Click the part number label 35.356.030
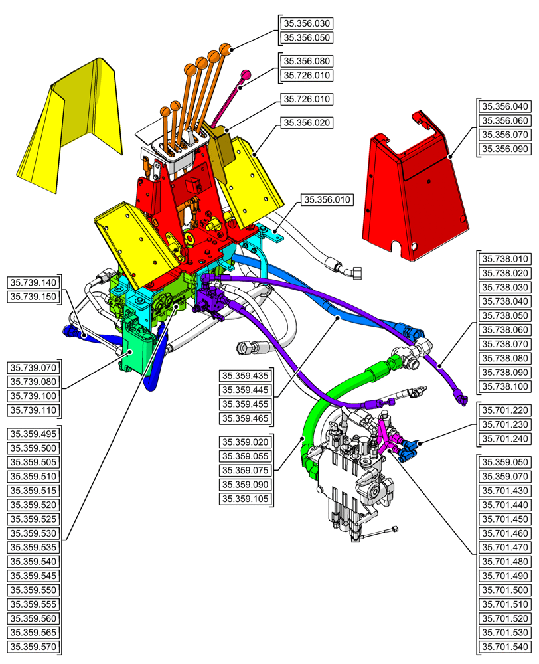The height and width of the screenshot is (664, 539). [x=307, y=23]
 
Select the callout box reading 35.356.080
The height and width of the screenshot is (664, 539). [x=307, y=61]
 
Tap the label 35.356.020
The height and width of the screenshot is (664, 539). [x=307, y=123]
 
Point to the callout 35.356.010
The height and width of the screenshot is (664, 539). [x=327, y=199]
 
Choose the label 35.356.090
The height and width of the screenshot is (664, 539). [x=505, y=149]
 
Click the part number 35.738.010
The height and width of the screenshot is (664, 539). [x=505, y=259]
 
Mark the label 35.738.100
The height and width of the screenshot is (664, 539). [x=505, y=386]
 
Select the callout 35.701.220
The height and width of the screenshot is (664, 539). [x=505, y=410]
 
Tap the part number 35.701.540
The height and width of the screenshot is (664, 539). [x=505, y=647]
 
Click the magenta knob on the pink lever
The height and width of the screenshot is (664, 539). [x=244, y=75]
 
